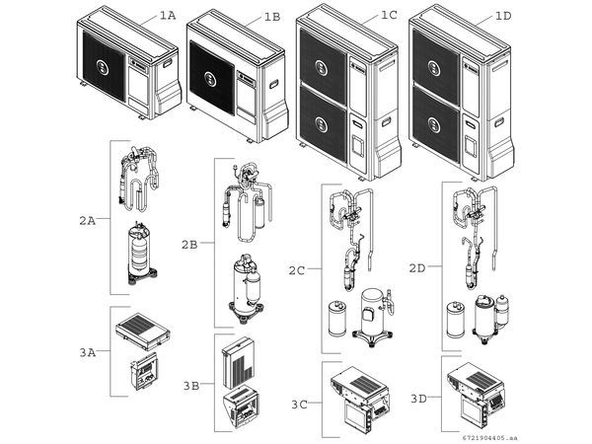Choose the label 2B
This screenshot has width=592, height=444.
[x=191, y=242]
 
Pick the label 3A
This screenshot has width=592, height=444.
[x=87, y=350]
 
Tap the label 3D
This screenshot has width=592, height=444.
[x=418, y=398]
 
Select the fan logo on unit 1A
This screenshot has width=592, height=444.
[x=104, y=66]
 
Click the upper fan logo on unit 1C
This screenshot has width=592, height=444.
[x=324, y=66]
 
